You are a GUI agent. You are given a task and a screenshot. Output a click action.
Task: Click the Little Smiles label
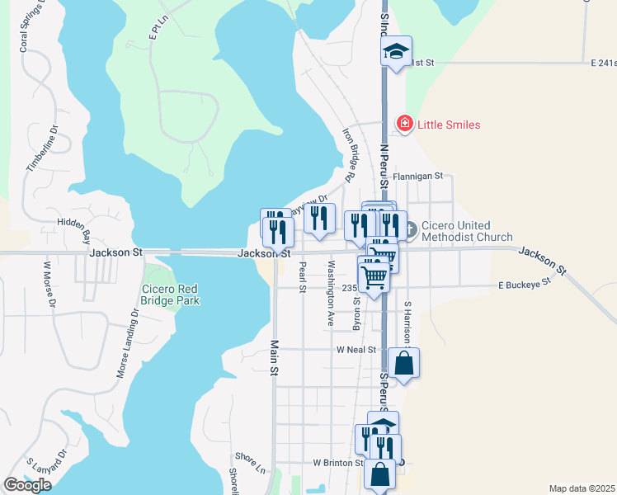coord(449,125)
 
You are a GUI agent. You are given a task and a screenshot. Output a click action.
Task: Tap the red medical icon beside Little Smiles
coord(405,125)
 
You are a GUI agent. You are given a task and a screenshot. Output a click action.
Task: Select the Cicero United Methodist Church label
coord(467,231)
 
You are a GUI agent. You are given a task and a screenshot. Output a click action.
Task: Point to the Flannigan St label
coord(418,176)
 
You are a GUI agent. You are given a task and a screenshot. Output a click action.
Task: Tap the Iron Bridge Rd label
coord(349,154)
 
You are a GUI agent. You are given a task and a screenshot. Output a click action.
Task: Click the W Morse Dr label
coord(50,286)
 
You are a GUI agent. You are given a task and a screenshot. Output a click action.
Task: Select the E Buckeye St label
coord(524,285)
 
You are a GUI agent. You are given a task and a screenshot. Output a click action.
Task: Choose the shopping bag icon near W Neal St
coord(403,362)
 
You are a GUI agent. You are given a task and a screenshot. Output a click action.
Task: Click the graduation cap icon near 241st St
coord(396,52)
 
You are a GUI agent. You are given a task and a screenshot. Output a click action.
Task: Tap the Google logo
coord(27,485)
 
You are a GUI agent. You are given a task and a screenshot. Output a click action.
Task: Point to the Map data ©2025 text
coord(582,488)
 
